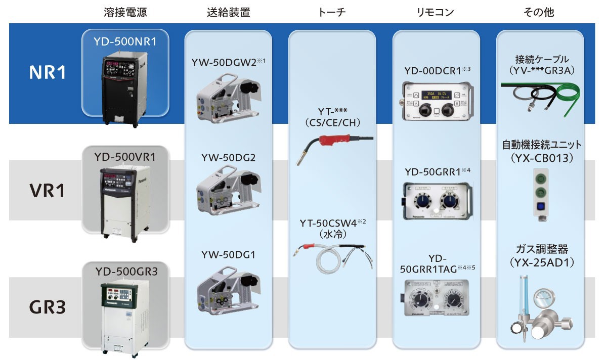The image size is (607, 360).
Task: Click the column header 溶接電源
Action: pos(125,13)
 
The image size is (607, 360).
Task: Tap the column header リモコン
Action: pos(435,13)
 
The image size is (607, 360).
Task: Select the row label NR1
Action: pos(47,72)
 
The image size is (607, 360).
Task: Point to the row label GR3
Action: pos(47,307)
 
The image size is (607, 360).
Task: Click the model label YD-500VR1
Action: pos(125,157)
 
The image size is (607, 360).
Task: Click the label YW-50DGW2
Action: pos(224,63)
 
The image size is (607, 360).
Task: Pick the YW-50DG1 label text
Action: pos(228,255)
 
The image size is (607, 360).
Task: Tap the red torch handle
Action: pos(335,141)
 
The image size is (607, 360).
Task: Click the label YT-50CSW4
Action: pos(328,223)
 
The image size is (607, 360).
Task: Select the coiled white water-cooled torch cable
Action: pos(329,261)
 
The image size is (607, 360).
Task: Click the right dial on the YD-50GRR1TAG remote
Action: pos(453,300)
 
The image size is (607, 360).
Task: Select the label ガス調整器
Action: pos(542,249)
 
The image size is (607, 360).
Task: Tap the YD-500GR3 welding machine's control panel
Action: pos(117,294)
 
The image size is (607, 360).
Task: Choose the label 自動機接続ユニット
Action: pos(542,145)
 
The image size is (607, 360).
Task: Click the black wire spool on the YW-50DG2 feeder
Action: pos(249,180)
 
